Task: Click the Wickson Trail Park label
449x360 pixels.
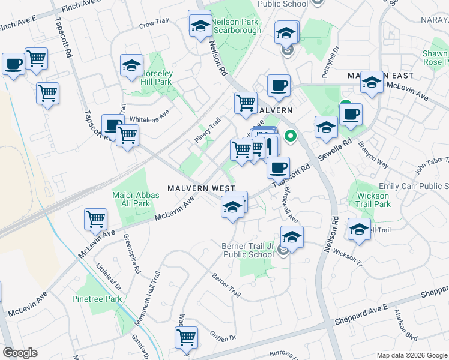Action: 373,200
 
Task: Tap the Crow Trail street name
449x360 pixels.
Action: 154,25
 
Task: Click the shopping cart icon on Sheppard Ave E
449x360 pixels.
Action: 187,337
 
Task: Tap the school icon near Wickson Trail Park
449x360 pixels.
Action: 359,230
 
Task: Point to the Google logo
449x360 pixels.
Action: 20,353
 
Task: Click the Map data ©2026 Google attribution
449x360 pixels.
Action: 412,355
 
